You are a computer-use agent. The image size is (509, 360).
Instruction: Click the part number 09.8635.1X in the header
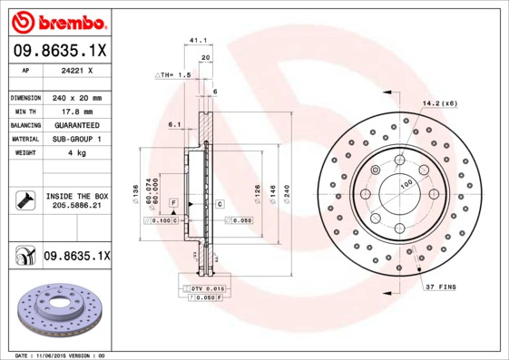pyautogui.click(x=61, y=53)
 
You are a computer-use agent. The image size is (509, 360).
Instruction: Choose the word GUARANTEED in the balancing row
pyautogui.click(x=76, y=125)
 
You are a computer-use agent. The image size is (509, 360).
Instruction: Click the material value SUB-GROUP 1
pyautogui.click(x=76, y=139)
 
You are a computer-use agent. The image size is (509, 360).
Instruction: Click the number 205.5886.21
pyautogui.click(x=76, y=207)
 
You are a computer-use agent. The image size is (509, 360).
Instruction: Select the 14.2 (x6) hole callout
pyautogui.click(x=439, y=104)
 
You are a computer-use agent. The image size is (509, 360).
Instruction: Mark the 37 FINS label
pyautogui.click(x=440, y=287)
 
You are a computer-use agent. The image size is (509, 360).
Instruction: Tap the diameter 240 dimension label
pyautogui.click(x=287, y=193)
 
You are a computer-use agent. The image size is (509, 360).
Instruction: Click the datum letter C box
pyautogui.click(x=220, y=205)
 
